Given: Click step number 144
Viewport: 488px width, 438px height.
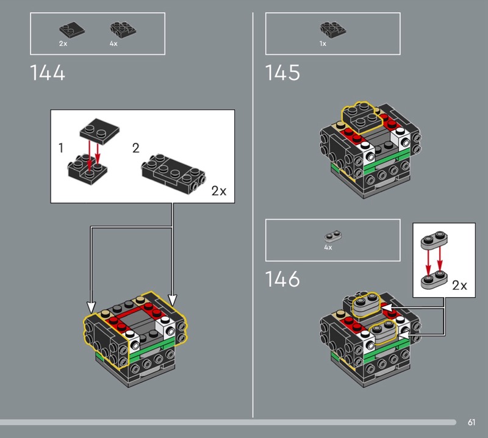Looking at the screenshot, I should click(x=48, y=73).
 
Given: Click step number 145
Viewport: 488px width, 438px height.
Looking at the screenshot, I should click(x=282, y=73).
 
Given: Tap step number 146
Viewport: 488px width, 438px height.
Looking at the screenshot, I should click(x=282, y=279).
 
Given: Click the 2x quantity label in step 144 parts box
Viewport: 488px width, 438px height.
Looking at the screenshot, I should click(x=63, y=44).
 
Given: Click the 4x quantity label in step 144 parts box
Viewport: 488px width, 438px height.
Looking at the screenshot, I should click(x=113, y=44).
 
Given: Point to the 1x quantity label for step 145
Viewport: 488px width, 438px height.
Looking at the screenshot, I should click(x=323, y=44).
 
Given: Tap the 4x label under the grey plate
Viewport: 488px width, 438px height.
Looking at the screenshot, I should click(x=328, y=248).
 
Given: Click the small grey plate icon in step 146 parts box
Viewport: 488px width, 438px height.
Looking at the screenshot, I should click(x=332, y=235).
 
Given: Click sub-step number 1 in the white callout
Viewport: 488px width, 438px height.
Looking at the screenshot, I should click(x=60, y=148).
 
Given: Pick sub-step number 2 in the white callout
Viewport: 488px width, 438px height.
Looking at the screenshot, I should click(x=135, y=148).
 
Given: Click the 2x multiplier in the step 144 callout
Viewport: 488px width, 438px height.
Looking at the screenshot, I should click(x=218, y=190).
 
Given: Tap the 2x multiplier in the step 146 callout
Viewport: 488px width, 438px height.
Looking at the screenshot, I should click(x=459, y=285).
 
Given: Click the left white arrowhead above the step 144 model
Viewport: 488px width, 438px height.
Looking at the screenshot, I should click(x=91, y=304).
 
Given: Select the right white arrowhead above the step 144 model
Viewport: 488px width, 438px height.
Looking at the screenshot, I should click(x=173, y=300).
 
